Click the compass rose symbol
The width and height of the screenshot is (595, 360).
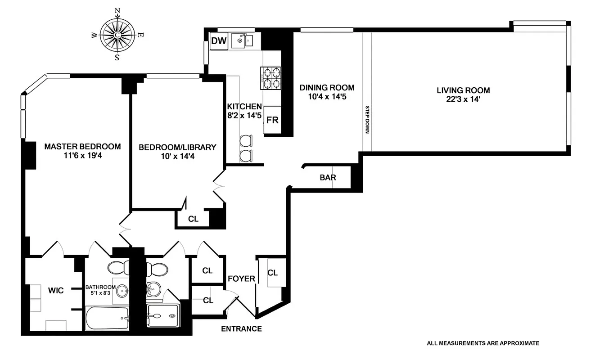tap(117, 35)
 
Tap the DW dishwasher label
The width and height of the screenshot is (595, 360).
tap(219, 41)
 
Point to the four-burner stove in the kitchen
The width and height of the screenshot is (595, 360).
tap(270, 78)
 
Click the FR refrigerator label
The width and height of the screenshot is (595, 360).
tap(272, 120)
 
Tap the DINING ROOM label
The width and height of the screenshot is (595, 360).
tap(327, 88)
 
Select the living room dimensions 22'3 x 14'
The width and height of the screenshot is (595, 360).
tap(463, 100)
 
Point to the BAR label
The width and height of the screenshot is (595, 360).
tap(328, 177)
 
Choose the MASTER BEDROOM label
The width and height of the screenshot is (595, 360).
tap(82, 146)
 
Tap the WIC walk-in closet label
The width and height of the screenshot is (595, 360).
tap(56, 290)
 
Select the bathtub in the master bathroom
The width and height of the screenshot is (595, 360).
tap(107, 318)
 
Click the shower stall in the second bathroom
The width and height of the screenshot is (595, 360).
tap(162, 315)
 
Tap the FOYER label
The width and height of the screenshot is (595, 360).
tap(241, 279)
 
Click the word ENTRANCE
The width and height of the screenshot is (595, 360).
tap(241, 329)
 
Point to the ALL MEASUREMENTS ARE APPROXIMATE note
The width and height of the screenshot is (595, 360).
tap(482, 343)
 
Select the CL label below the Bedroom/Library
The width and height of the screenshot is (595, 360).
tap(193, 219)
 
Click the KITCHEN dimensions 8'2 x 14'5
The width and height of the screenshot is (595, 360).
tap(244, 115)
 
